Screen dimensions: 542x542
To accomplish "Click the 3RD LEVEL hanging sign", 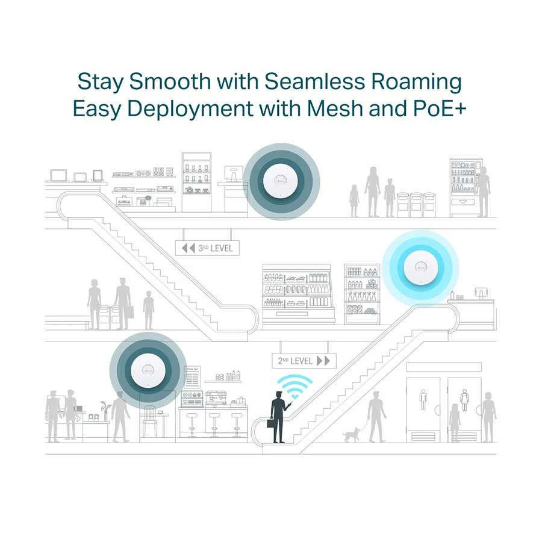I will click(x=207, y=248).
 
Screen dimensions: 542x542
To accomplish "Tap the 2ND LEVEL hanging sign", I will click(x=304, y=361).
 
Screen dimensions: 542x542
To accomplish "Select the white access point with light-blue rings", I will click(x=421, y=266).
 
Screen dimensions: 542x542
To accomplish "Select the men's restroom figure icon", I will click(x=423, y=399).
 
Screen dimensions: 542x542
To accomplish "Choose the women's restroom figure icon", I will click(x=464, y=399).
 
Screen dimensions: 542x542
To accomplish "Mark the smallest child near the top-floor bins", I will click(x=354, y=200).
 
